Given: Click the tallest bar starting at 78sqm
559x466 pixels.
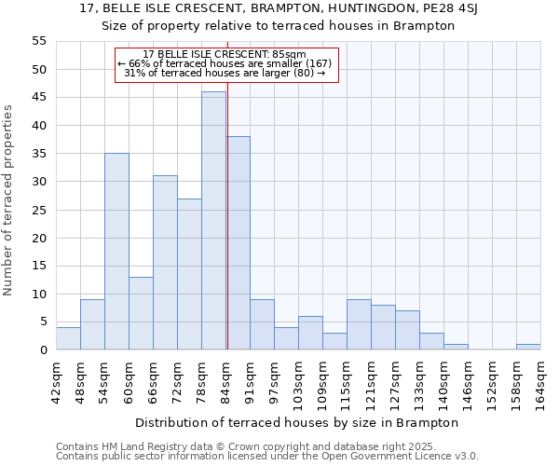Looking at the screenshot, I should pos(213,221).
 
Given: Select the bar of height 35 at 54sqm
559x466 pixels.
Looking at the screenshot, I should pos(116,252).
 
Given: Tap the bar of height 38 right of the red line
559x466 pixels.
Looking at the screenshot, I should pos(238,243).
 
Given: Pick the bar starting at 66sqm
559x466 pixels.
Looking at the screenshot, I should pos(165,263).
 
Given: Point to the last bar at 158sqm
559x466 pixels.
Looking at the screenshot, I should pos(528,348).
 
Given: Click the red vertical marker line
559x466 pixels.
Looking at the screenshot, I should pos(227,224).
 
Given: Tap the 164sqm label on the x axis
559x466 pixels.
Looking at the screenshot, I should pos(540,381).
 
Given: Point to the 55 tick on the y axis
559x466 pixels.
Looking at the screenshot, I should pos(39,41).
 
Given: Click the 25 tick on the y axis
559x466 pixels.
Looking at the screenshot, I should pos(39,210).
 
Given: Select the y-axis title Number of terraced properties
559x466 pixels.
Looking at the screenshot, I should pos(8,199).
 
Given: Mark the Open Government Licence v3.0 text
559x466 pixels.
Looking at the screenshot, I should pos(407,456).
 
